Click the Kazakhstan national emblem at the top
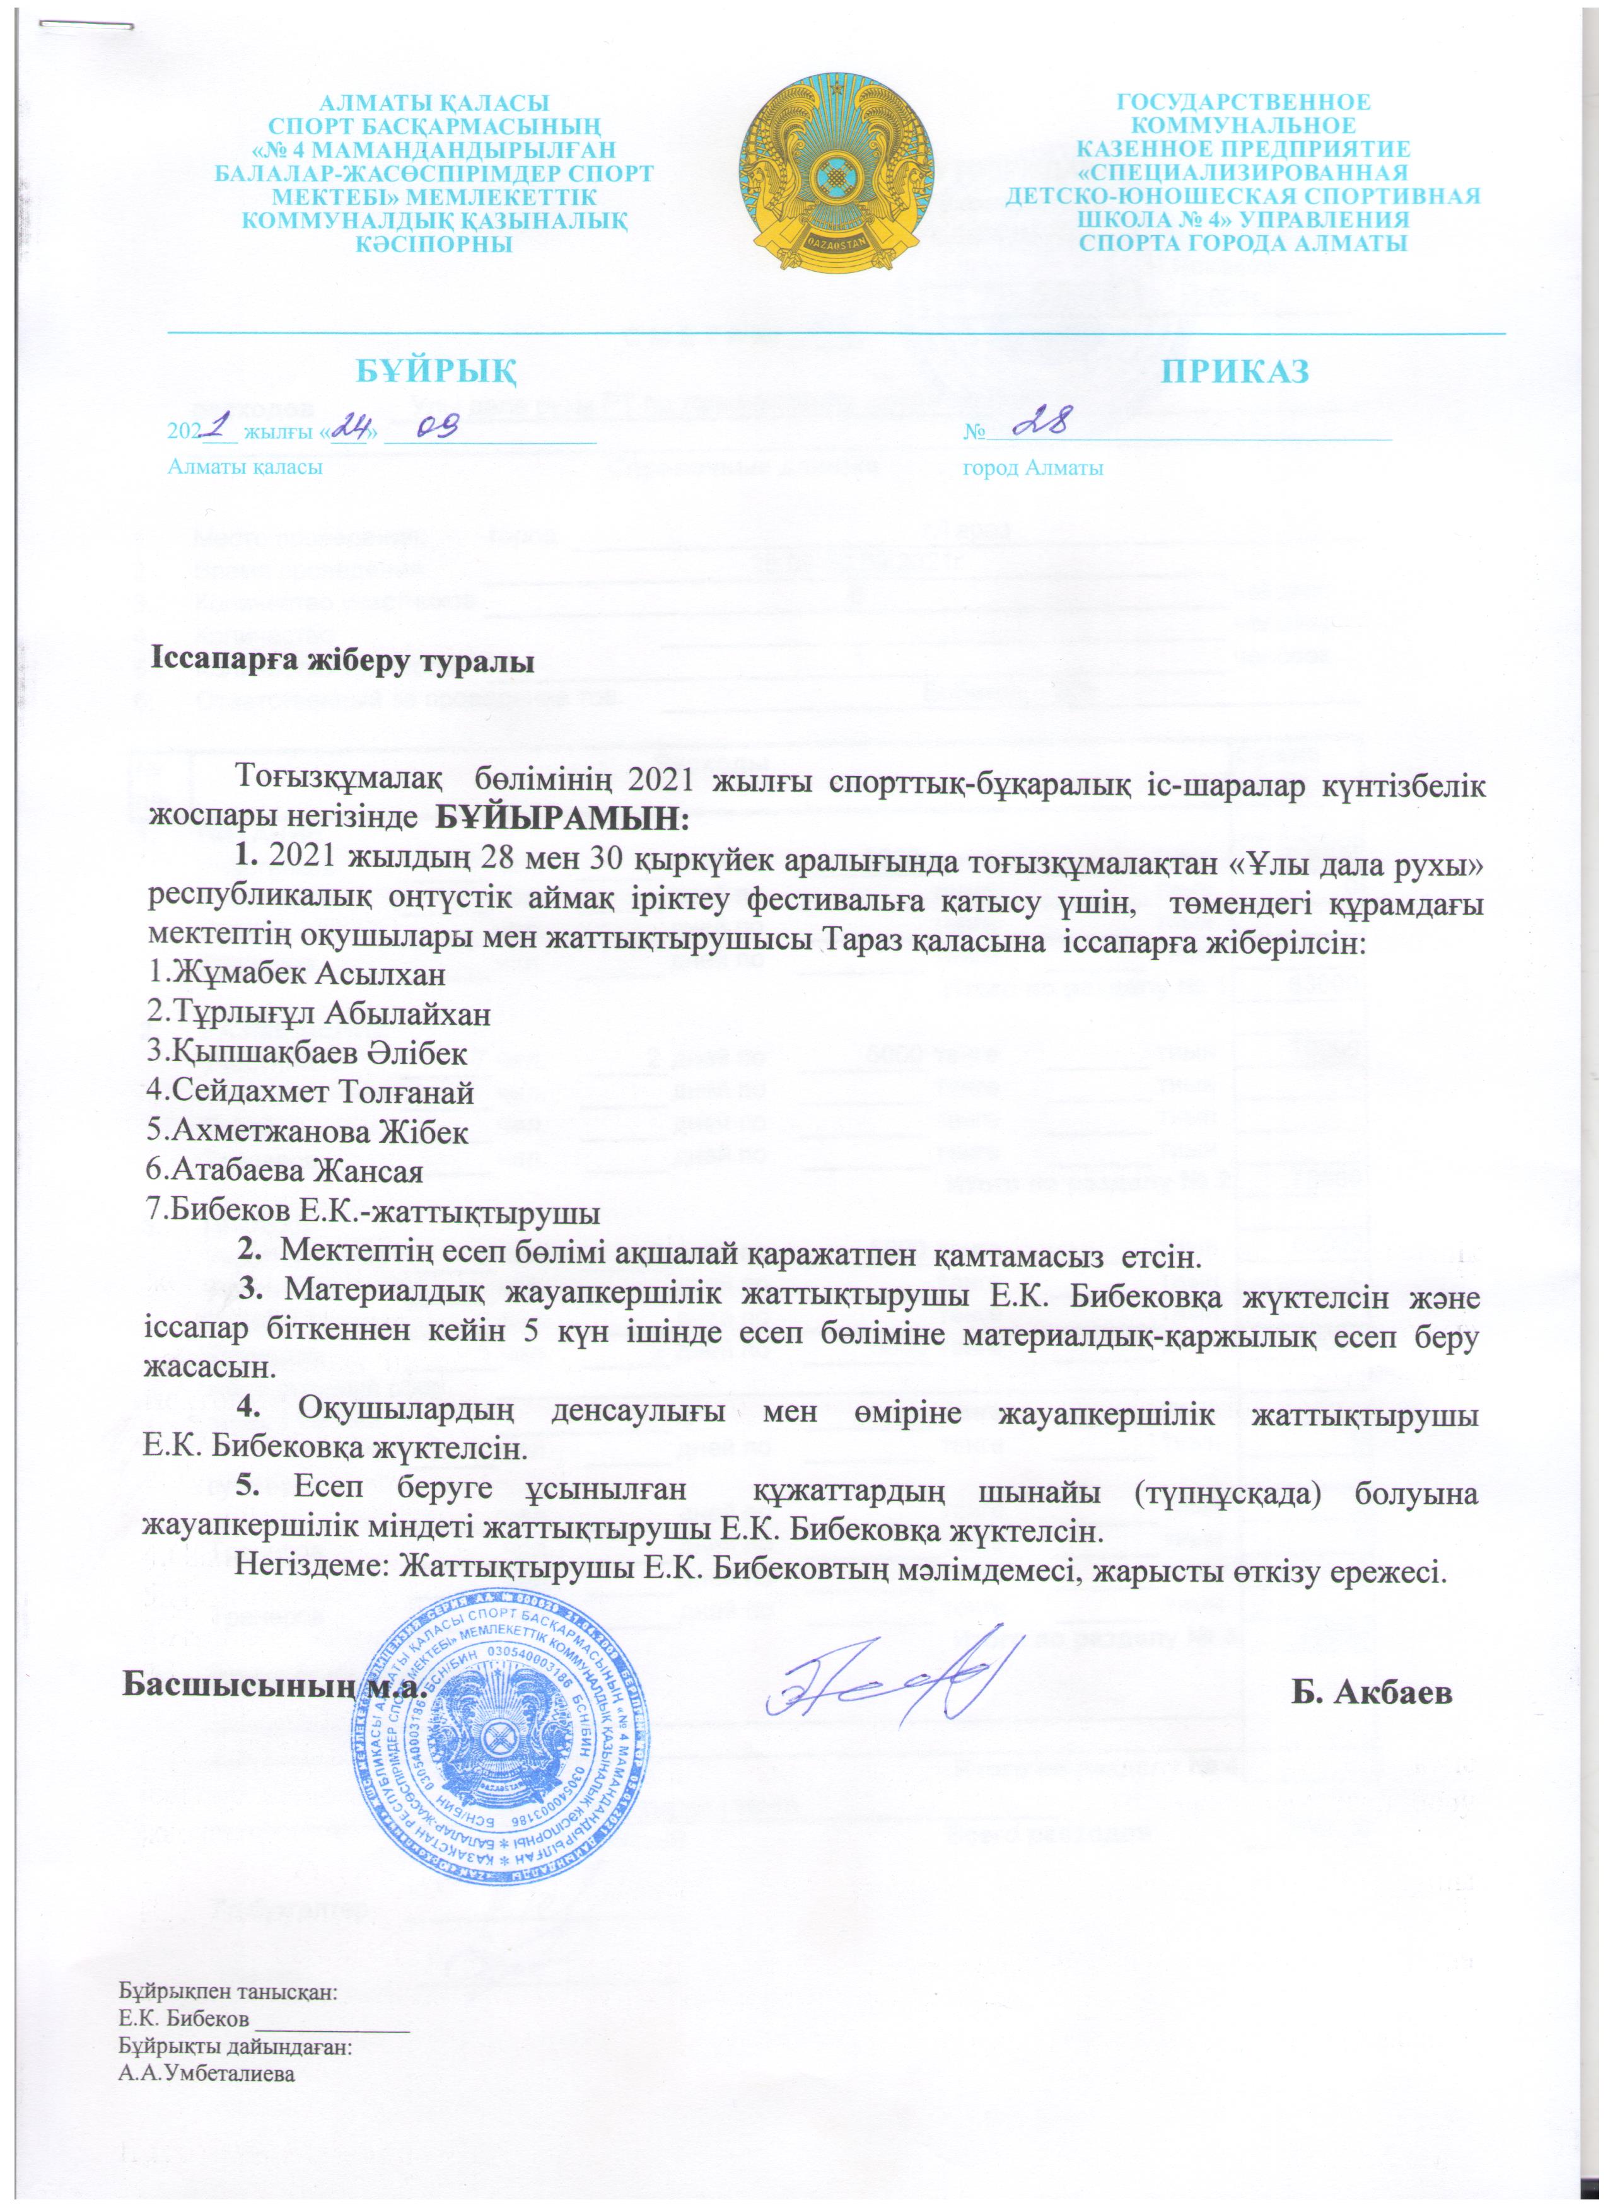834,174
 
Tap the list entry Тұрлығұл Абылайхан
317,1014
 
